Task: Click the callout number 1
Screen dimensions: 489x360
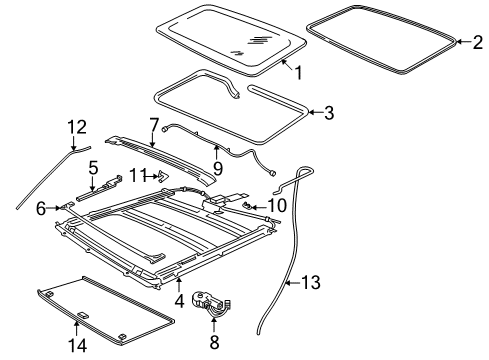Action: point(298,73)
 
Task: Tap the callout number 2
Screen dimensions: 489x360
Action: point(477,42)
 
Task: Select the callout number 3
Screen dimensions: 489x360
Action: point(329,113)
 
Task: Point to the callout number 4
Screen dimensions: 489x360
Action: point(179,301)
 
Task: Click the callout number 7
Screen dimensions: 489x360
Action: point(153,125)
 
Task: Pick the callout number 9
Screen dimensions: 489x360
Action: point(218,169)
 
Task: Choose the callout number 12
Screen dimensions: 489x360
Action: point(77,127)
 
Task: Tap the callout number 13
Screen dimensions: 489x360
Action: point(311,282)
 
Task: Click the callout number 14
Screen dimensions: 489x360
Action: point(77,346)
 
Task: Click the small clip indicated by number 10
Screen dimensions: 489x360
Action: point(246,204)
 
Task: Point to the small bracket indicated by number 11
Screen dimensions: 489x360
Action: point(163,176)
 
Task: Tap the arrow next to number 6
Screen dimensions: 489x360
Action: point(53,208)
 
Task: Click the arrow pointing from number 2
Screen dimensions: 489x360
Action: point(463,42)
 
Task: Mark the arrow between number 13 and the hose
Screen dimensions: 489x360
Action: point(293,283)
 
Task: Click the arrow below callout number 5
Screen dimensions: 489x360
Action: point(93,183)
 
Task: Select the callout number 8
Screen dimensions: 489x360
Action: point(214,342)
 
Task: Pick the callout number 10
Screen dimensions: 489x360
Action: point(277,205)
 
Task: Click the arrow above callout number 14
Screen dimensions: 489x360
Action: point(76,329)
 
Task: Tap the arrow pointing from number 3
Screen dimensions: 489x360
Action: point(315,112)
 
